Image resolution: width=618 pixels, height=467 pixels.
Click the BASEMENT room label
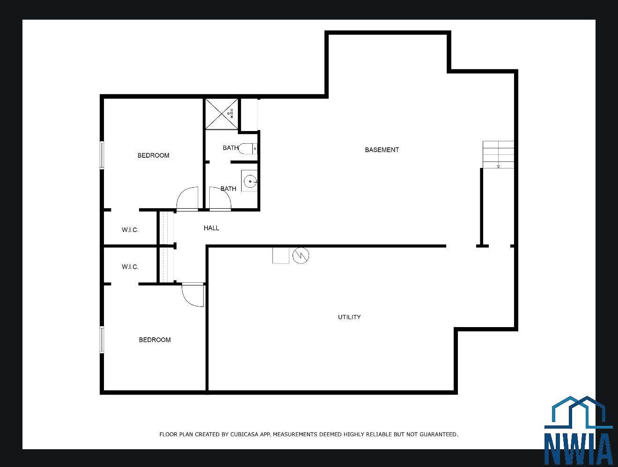382,150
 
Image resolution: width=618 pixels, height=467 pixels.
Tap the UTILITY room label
349,317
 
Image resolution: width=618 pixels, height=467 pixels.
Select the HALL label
212,228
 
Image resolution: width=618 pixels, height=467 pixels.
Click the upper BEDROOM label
154,155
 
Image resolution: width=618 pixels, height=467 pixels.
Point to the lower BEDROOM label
155,340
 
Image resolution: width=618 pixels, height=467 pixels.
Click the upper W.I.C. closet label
130,230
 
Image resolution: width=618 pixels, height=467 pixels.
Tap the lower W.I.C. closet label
130,267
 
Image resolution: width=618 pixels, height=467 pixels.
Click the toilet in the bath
248,148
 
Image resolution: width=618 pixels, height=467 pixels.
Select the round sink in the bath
250,181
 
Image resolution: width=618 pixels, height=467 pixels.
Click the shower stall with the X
221,114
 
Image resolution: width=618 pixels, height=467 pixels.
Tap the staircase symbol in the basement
498,154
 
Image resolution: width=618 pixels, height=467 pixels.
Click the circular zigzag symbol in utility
301,255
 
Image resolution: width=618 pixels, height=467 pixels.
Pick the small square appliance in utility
281,255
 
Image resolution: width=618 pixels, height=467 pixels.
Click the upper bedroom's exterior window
102,155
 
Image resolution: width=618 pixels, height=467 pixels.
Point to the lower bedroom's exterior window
102,339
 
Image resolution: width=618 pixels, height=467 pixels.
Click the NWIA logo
579,430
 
